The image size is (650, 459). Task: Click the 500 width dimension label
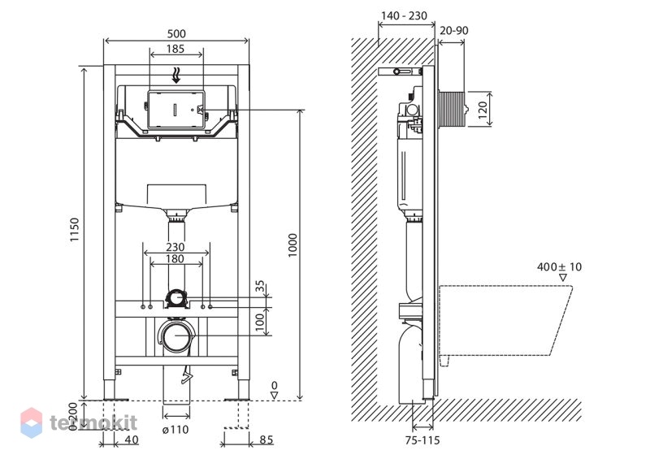tap(176, 33)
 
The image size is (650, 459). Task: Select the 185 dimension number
tap(175, 49)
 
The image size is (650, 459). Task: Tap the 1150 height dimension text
tap(74, 230)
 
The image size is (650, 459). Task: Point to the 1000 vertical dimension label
tap(293, 245)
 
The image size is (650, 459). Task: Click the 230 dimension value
tap(175, 247)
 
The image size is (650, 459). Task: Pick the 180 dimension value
tap(175, 259)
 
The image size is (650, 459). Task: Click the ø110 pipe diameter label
tap(175, 430)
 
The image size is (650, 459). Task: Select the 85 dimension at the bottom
tap(266, 440)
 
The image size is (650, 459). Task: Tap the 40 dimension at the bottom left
tap(132, 440)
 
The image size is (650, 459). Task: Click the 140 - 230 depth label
tap(404, 15)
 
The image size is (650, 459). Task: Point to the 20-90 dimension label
tap(454, 31)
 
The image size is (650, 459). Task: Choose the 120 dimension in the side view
tap(483, 110)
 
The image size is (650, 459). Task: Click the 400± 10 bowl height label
tap(559, 266)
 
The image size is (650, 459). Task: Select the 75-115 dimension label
tap(422, 440)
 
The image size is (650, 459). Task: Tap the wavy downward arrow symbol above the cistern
tap(176, 76)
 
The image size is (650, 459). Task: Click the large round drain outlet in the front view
tap(176, 336)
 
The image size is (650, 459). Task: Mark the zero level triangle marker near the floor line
tap(274, 396)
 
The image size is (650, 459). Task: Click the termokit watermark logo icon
tap(32, 422)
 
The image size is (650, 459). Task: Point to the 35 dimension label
tap(260, 286)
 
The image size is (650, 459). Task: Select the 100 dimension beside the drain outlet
tap(260, 322)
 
